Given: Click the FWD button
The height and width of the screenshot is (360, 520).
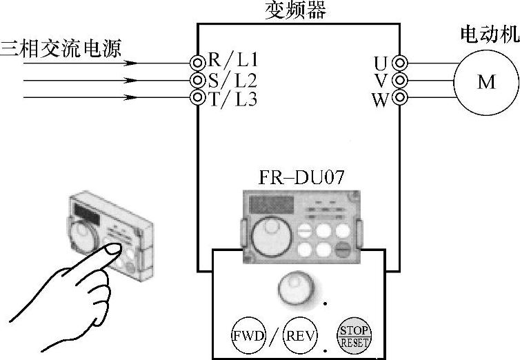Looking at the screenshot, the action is (248, 335).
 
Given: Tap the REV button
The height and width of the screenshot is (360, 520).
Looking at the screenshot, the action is (300, 335).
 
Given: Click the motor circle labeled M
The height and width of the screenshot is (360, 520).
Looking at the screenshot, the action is (486, 82).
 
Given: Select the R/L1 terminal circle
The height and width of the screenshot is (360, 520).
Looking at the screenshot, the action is (197, 63).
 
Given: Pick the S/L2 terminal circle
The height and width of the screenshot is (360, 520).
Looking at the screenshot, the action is (197, 80).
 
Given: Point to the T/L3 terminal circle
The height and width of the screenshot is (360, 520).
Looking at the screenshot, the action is (197, 97).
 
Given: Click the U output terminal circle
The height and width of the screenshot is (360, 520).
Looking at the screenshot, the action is (399, 63).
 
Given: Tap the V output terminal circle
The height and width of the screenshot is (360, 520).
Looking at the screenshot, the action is (399, 80).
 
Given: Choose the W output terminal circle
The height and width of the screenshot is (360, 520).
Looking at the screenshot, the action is (399, 97).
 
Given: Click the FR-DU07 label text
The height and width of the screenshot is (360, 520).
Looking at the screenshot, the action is (301, 177).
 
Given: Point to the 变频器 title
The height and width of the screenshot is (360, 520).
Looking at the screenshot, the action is (295, 10).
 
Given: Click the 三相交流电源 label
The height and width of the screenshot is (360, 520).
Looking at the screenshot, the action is (61, 48).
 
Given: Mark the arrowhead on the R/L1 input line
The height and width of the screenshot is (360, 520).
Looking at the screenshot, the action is (130, 63).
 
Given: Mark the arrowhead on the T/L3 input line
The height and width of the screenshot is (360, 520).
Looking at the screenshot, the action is (130, 97).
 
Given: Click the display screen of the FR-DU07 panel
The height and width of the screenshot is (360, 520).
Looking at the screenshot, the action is (272, 205).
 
